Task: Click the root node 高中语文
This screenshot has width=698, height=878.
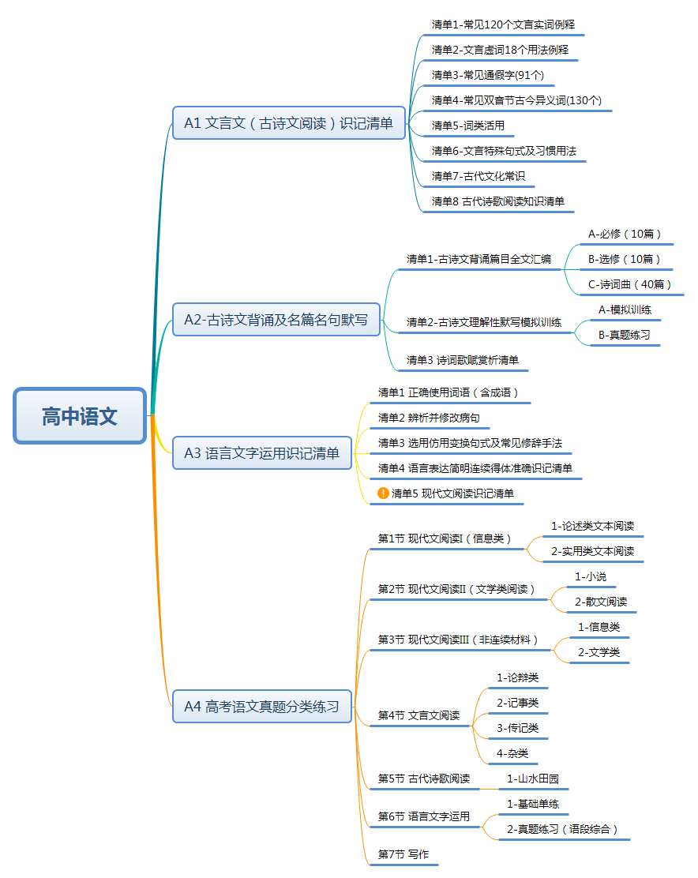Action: [80, 416]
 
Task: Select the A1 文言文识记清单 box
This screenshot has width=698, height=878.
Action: [289, 122]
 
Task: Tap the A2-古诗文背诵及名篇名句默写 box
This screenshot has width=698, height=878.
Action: [276, 319]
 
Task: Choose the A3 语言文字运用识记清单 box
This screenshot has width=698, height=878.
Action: [262, 452]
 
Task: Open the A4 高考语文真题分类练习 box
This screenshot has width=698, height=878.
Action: [262, 706]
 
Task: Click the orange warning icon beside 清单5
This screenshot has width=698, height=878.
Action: [383, 493]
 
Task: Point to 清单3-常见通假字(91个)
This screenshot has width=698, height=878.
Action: [487, 75]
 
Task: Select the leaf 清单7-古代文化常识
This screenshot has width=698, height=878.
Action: [478, 176]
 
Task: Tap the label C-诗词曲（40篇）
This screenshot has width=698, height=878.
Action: [629, 284]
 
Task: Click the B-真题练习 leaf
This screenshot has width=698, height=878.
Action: [624, 335]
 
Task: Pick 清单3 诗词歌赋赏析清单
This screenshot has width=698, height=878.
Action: [463, 360]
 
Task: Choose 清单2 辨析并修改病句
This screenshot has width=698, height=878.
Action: [429, 418]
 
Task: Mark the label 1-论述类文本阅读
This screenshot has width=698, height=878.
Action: [593, 526]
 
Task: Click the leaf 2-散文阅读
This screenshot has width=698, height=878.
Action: [601, 602]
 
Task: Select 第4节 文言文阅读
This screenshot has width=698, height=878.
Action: [418, 715]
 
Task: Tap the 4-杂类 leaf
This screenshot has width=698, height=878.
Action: [512, 753]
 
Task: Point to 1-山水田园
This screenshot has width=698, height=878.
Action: [533, 779]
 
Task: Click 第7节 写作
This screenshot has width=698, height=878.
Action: [403, 854]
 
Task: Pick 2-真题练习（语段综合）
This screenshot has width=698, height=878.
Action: [562, 829]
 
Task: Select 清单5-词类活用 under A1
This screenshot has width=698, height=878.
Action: [468, 126]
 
